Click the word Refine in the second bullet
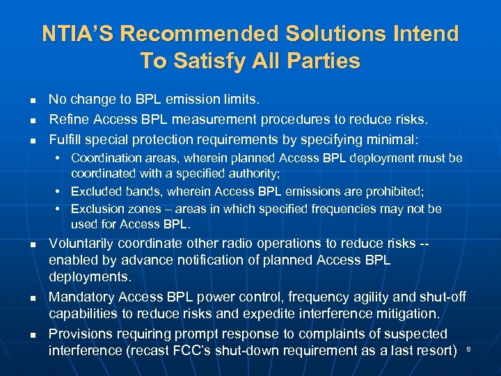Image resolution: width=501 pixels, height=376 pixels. point(66,120)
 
